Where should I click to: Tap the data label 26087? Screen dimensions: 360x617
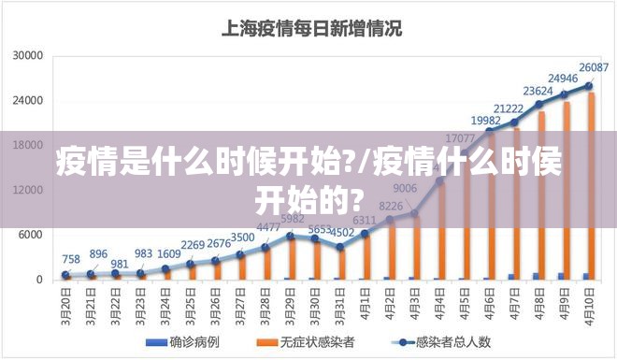click(594, 67)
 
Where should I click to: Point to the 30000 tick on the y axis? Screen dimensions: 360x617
click(27, 56)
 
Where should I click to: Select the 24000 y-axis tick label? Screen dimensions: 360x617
click(27, 101)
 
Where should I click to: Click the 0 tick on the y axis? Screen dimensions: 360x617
click(39, 280)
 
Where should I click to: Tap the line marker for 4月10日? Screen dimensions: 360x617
click(590, 85)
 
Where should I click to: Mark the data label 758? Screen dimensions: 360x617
click(71, 259)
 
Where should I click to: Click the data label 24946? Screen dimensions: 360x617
click(563, 79)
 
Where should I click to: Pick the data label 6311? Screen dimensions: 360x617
click(365, 221)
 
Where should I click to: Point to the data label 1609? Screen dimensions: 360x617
click(169, 253)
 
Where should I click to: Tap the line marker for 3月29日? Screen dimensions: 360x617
click(291, 236)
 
